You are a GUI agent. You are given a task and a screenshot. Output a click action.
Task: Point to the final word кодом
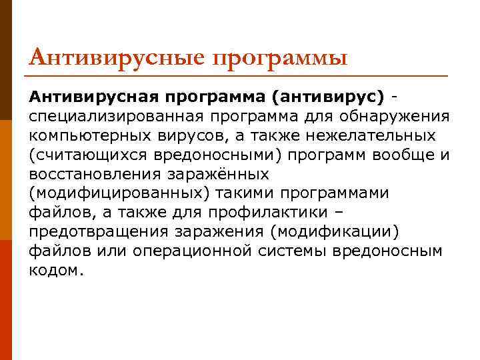57,271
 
